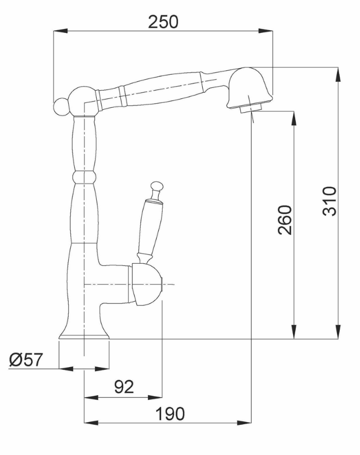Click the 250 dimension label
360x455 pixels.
pos(163,22)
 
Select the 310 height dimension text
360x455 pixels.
pos(330,201)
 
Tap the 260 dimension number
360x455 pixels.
pos(285,220)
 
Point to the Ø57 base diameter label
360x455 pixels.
pos(26,359)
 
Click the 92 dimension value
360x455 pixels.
pos(124,386)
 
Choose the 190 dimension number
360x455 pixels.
pos(170,413)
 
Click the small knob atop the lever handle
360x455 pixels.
pos(157,187)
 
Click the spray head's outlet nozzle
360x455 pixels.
pos(251,109)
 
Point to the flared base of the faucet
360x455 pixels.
pos(84,330)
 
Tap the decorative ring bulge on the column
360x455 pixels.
pos(84,177)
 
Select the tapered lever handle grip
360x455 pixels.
pos(149,226)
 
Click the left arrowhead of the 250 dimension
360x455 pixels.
pos(60,31)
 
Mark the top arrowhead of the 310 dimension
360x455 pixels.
pos(339,74)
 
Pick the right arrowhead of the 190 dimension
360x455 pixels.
pos(245,423)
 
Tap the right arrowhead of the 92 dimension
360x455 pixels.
pos(156,397)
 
